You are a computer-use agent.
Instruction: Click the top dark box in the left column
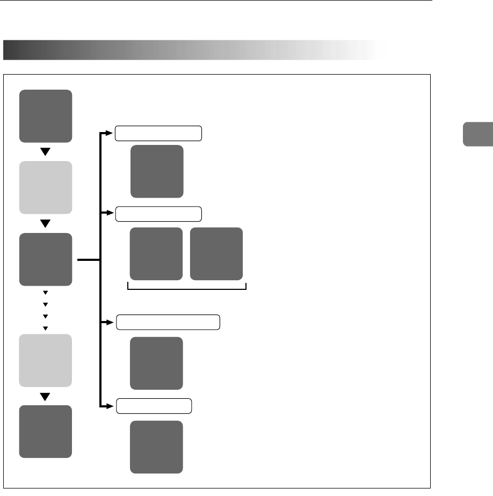(x=46, y=116)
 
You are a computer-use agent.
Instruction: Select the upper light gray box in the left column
(x=46, y=187)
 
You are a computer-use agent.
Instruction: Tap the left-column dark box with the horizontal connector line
(x=46, y=259)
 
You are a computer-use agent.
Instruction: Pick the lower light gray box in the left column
(x=46, y=360)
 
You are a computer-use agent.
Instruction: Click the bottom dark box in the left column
(x=46, y=432)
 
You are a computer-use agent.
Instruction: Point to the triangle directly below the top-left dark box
(x=46, y=152)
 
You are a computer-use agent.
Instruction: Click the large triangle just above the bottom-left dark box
(x=46, y=397)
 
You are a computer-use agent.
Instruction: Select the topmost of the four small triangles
(x=46, y=293)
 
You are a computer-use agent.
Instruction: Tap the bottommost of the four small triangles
(x=46, y=327)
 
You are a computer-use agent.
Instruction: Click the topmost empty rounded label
(x=158, y=133)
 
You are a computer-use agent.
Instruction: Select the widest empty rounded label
(x=168, y=322)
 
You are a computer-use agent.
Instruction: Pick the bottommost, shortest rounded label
(x=154, y=406)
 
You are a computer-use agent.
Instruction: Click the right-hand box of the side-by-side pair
(x=216, y=254)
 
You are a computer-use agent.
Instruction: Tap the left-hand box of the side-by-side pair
(x=156, y=254)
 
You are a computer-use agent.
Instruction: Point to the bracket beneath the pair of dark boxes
(x=186, y=289)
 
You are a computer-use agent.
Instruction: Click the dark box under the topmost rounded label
(x=157, y=171)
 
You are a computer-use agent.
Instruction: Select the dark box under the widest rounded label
(x=156, y=363)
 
